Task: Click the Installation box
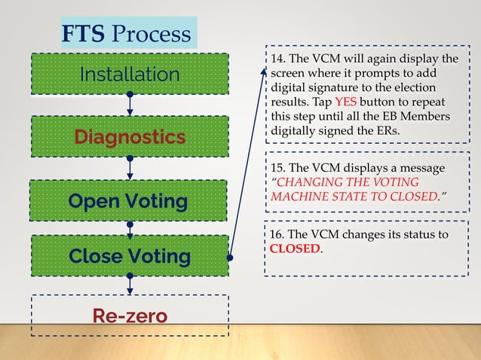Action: tap(130, 74)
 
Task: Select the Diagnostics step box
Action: tap(130, 137)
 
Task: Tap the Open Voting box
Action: tap(130, 201)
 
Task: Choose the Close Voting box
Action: tap(130, 256)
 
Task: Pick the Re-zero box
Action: tap(130, 315)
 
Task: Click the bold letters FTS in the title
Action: tap(84, 34)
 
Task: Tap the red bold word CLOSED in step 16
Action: tap(295, 249)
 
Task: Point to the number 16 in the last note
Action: tap(277, 235)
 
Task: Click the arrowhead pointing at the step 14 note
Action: tap(264, 71)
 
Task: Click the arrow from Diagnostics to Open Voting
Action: tap(130, 168)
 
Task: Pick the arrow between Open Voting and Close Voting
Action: tap(130, 227)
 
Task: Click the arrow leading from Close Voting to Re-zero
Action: tap(130, 286)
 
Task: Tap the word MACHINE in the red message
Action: tap(299, 196)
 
